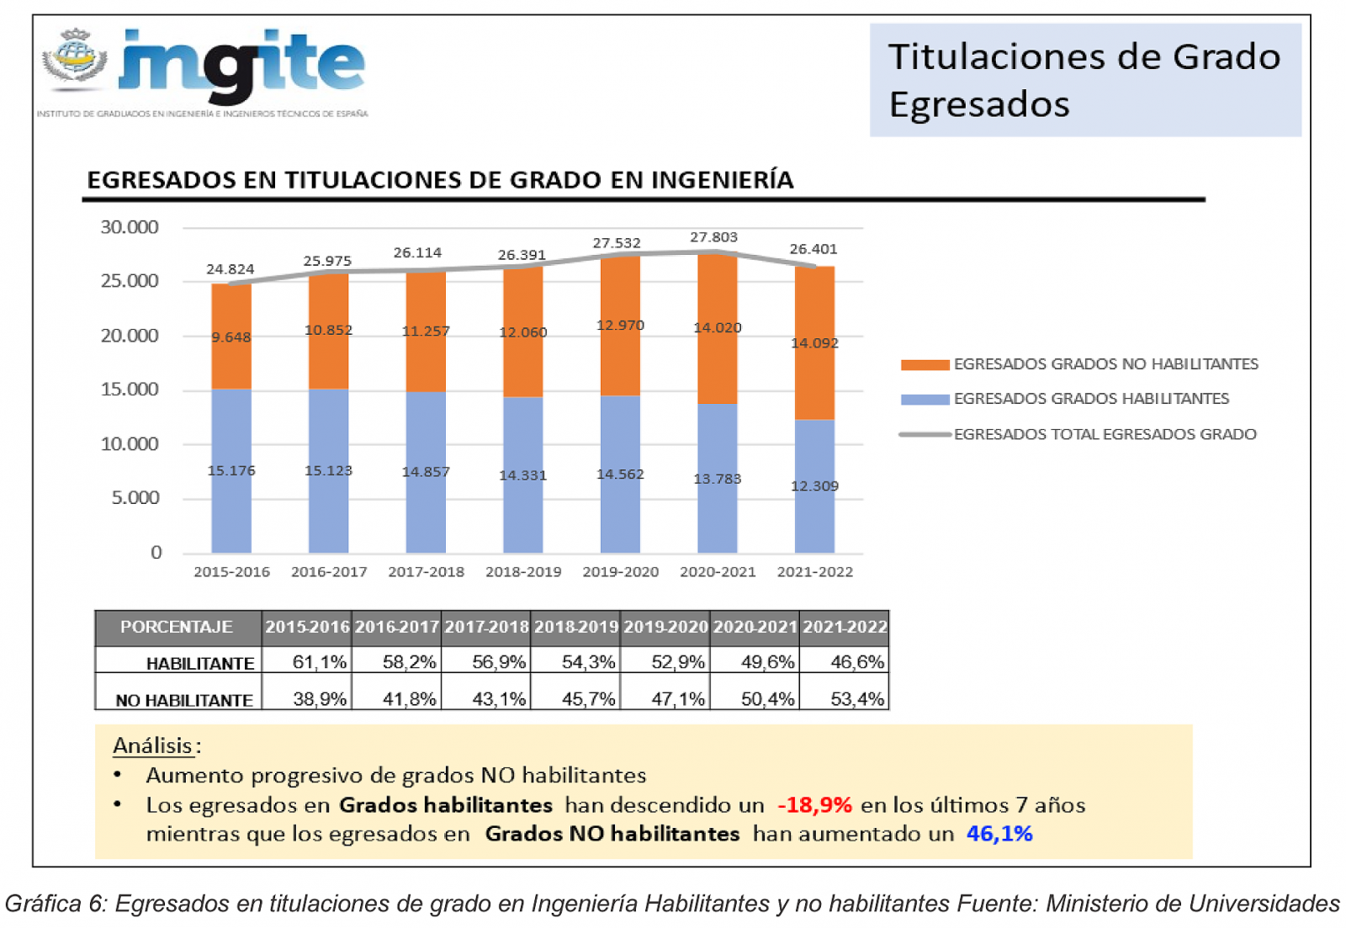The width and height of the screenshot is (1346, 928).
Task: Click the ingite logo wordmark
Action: [242, 64]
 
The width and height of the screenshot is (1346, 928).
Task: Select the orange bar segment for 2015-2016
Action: [231, 337]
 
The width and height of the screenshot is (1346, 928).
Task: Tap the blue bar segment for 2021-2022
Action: [814, 486]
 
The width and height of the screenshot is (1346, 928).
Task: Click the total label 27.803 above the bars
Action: [713, 237]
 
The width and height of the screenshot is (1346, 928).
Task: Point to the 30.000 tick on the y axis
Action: [130, 227]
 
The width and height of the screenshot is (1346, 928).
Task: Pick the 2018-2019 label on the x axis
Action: [523, 572]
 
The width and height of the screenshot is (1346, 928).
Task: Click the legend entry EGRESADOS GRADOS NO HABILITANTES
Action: [1105, 364]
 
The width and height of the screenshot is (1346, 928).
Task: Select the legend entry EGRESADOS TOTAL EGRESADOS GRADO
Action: [1105, 434]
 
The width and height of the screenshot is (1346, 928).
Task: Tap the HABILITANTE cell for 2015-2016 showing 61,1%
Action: [319, 663]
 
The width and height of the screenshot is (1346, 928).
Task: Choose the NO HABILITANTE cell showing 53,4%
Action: [856, 699]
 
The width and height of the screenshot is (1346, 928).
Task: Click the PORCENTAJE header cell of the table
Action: [177, 628]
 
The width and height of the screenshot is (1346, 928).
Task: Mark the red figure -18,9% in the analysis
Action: [814, 805]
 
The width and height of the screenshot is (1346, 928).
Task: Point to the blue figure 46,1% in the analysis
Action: [999, 834]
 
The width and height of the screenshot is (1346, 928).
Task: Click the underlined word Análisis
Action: [153, 745]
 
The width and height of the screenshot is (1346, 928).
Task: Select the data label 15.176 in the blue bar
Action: [231, 470]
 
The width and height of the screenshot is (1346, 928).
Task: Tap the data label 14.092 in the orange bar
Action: [814, 343]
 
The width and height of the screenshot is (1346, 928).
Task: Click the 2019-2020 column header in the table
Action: [665, 628]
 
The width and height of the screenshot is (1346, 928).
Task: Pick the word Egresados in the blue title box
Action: [979, 104]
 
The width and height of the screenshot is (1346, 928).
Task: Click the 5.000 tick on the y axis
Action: [135, 498]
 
